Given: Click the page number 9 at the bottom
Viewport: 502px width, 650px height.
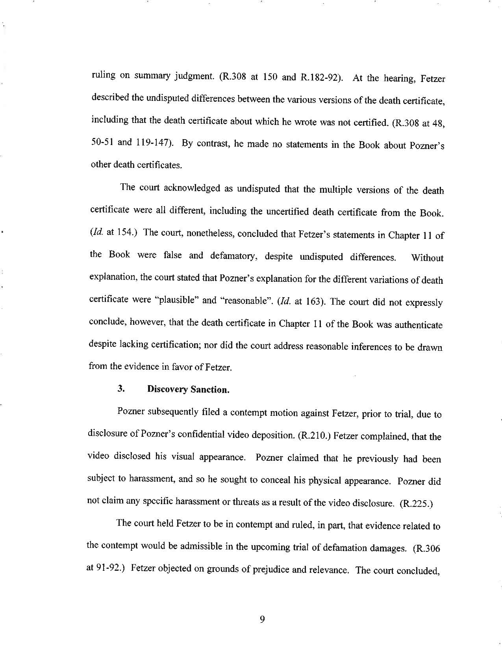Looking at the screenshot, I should click(x=262, y=620).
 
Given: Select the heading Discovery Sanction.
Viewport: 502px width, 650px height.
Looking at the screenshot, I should click(x=188, y=389).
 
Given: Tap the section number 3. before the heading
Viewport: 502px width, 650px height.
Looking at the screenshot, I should click(x=121, y=389).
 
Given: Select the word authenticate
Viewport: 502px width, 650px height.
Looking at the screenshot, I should click(x=419, y=325).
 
